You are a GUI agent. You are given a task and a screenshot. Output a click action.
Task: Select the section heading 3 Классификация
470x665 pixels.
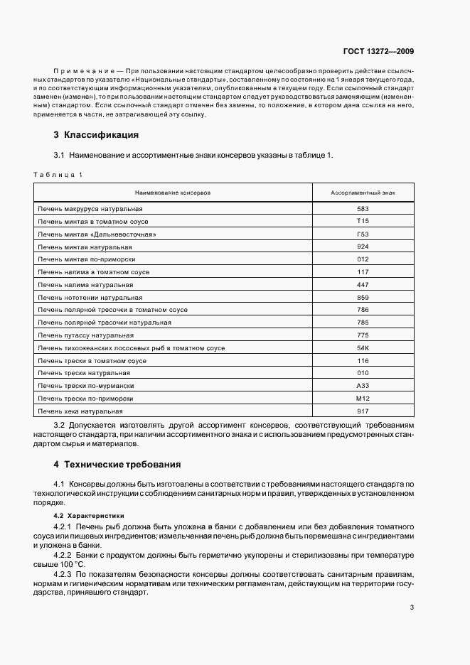96,134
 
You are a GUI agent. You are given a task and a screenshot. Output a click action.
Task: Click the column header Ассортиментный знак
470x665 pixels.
363,193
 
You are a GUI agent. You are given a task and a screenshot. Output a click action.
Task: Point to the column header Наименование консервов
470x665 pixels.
173,193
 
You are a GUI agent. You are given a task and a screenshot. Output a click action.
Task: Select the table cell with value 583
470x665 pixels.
363,209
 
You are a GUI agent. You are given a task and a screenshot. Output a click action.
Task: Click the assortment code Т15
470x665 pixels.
363,222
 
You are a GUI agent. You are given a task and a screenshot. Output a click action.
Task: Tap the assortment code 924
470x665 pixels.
363,247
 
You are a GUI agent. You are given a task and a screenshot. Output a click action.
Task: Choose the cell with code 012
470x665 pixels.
363,259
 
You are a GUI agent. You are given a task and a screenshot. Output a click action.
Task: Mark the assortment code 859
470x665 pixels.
363,297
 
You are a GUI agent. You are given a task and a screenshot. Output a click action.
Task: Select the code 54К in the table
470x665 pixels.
363,347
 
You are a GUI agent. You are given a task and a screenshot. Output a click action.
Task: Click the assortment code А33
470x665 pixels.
363,386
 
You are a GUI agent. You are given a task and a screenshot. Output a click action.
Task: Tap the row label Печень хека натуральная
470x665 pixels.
80,411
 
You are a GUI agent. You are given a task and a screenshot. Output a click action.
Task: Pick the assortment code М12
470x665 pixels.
363,399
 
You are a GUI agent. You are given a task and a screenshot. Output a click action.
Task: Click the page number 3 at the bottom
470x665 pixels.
412,607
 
